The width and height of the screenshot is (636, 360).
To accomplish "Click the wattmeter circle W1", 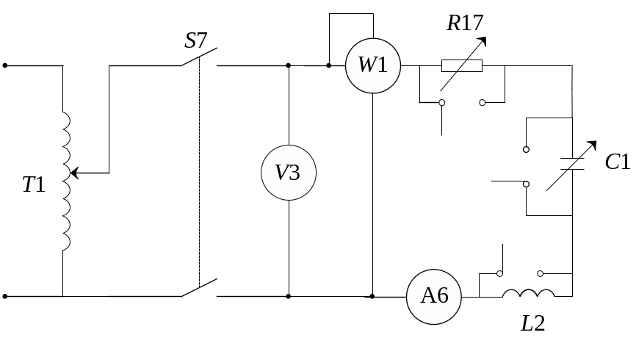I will tap(373, 65).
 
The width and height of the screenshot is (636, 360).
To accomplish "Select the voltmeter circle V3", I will tap(289, 173).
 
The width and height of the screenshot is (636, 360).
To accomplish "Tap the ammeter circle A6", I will tap(434, 296).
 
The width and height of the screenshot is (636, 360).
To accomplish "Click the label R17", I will tap(465, 24).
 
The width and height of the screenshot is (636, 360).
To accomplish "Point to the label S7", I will tap(197, 40).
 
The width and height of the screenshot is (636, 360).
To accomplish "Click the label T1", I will tap(34, 184).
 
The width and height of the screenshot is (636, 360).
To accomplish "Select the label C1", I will tap(617, 162).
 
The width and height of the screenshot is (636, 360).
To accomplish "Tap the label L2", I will tap(532, 323).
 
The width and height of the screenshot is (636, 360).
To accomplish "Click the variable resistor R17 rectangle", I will tap(462, 65).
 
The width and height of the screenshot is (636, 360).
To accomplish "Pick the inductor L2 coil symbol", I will tap(529, 294).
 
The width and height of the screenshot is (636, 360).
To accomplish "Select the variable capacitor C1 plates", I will tap(571, 164).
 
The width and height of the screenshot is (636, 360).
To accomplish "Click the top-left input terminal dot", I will tap(5, 65).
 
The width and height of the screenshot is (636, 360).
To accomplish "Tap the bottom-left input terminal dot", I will tap(5, 296).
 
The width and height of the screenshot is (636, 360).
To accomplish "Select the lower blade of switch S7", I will tap(200, 288).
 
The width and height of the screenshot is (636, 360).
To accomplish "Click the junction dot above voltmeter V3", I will tap(289, 65).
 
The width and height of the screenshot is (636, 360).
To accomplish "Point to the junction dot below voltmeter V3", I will tap(289, 296).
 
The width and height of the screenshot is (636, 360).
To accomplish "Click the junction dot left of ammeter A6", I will tap(372, 296).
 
